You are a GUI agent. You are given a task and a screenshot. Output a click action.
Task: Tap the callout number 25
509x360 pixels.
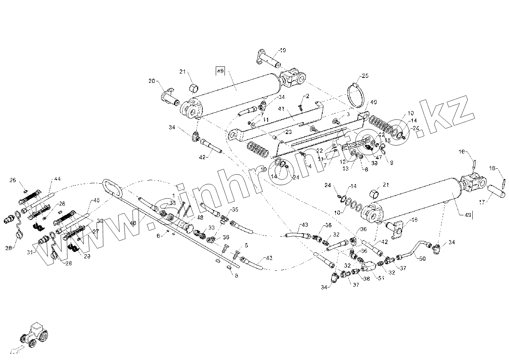coord(365,76)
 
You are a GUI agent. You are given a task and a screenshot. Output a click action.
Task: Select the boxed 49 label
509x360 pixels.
coord(220,71)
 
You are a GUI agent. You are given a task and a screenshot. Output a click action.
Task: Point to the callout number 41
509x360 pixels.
coord(282,109)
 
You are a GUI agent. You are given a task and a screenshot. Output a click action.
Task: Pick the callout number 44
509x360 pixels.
coord(57,179)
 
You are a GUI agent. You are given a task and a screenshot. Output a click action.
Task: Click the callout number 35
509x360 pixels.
coord(235,210)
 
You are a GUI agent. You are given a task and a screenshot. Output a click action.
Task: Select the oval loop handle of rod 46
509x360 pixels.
coord(111,188)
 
